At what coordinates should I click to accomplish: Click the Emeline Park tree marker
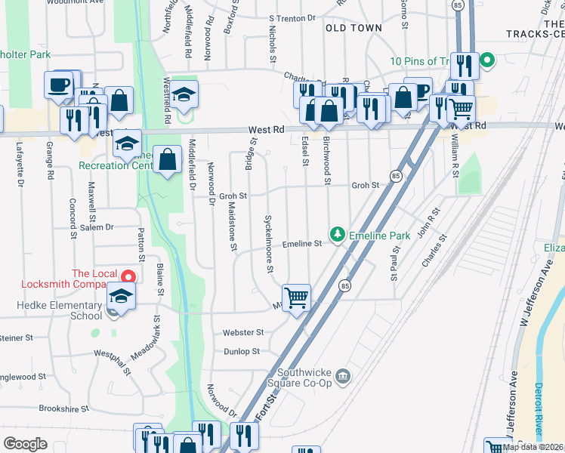[338, 236]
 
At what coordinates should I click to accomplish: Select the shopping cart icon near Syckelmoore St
[296, 297]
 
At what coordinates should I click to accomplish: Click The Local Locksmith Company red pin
[129, 279]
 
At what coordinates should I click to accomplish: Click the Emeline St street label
[302, 244]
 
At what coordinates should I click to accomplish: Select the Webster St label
[243, 332]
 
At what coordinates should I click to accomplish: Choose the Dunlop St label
[242, 351]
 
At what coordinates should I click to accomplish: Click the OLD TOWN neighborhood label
[354, 28]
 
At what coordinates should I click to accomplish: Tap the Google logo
[26, 444]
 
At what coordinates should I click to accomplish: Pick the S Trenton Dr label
[292, 18]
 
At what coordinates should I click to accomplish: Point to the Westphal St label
[112, 362]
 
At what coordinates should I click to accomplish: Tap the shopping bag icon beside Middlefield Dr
[169, 160]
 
